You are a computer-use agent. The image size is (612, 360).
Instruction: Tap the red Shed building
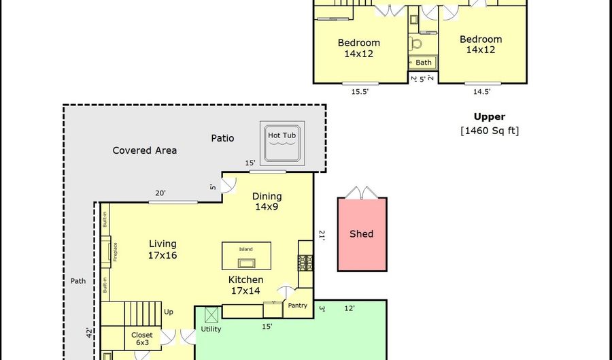(x=362, y=233)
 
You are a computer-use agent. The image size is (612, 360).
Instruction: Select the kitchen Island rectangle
(x=246, y=256)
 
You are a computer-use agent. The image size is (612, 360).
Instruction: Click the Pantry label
(x=297, y=306)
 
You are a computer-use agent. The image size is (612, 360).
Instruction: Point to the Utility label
(x=211, y=329)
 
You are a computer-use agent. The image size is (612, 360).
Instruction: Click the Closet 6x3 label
(x=142, y=339)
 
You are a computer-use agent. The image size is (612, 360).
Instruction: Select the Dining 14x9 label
(x=267, y=201)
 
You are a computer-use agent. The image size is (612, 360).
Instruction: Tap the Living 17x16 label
(x=163, y=249)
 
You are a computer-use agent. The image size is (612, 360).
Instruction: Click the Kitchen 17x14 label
(x=246, y=285)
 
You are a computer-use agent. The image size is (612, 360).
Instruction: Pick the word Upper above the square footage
(x=490, y=117)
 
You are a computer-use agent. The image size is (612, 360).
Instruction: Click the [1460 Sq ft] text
(x=490, y=131)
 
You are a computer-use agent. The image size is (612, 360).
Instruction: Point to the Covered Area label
(x=144, y=150)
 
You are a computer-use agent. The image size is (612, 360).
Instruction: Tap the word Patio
(x=222, y=138)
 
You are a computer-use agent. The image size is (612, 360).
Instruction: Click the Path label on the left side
(x=78, y=280)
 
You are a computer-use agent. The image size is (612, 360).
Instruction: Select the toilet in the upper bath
(x=415, y=44)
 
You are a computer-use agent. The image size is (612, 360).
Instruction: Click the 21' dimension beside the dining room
(x=322, y=235)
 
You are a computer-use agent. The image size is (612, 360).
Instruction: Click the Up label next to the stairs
(x=169, y=312)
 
